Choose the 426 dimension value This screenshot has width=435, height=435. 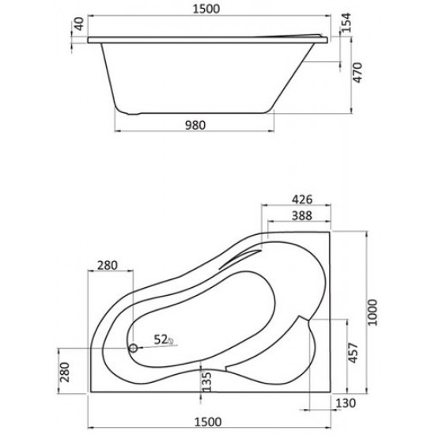pos(298,200)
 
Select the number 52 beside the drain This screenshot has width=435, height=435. pos(161,339)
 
